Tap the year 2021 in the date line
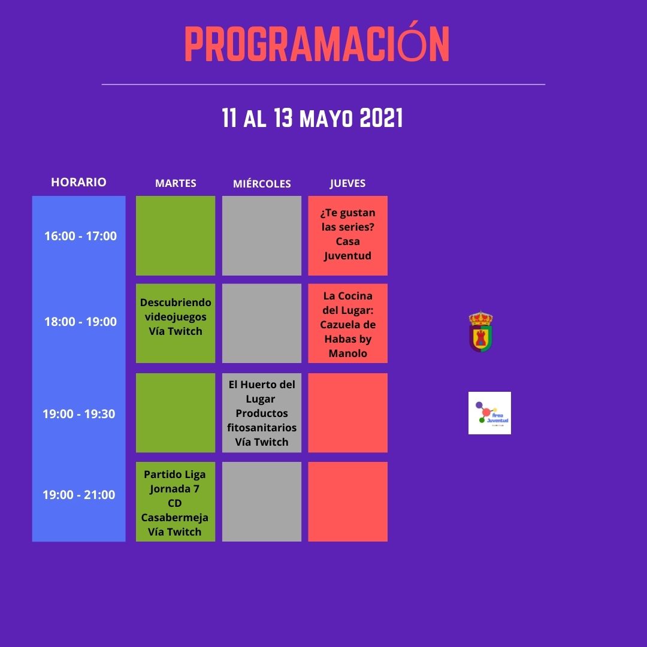(x=381, y=118)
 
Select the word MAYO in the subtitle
(x=326, y=119)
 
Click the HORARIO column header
(x=79, y=182)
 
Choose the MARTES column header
(x=176, y=183)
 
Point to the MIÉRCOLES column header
(x=262, y=183)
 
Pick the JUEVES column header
(x=347, y=183)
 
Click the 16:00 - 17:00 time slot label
(x=80, y=236)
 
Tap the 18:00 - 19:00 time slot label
(x=80, y=322)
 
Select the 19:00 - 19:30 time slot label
(x=79, y=414)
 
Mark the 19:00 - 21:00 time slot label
(x=79, y=494)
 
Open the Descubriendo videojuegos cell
(x=176, y=323)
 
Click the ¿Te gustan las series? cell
(x=348, y=235)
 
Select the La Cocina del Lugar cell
(x=348, y=323)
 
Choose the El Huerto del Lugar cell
(x=262, y=413)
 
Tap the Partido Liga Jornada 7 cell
(x=176, y=502)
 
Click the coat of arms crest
(x=480, y=332)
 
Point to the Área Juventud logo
(x=490, y=413)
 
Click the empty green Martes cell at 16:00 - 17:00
(x=176, y=235)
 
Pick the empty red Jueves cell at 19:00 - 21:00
(x=348, y=502)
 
